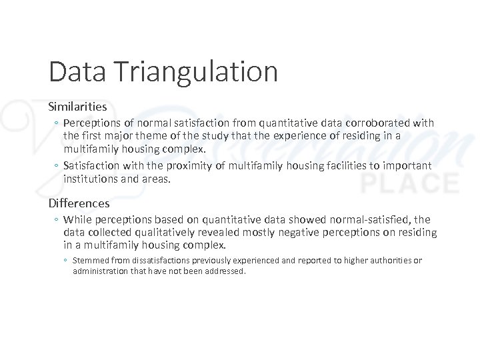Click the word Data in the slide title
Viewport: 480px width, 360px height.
73,71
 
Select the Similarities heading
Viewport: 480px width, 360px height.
77,106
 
